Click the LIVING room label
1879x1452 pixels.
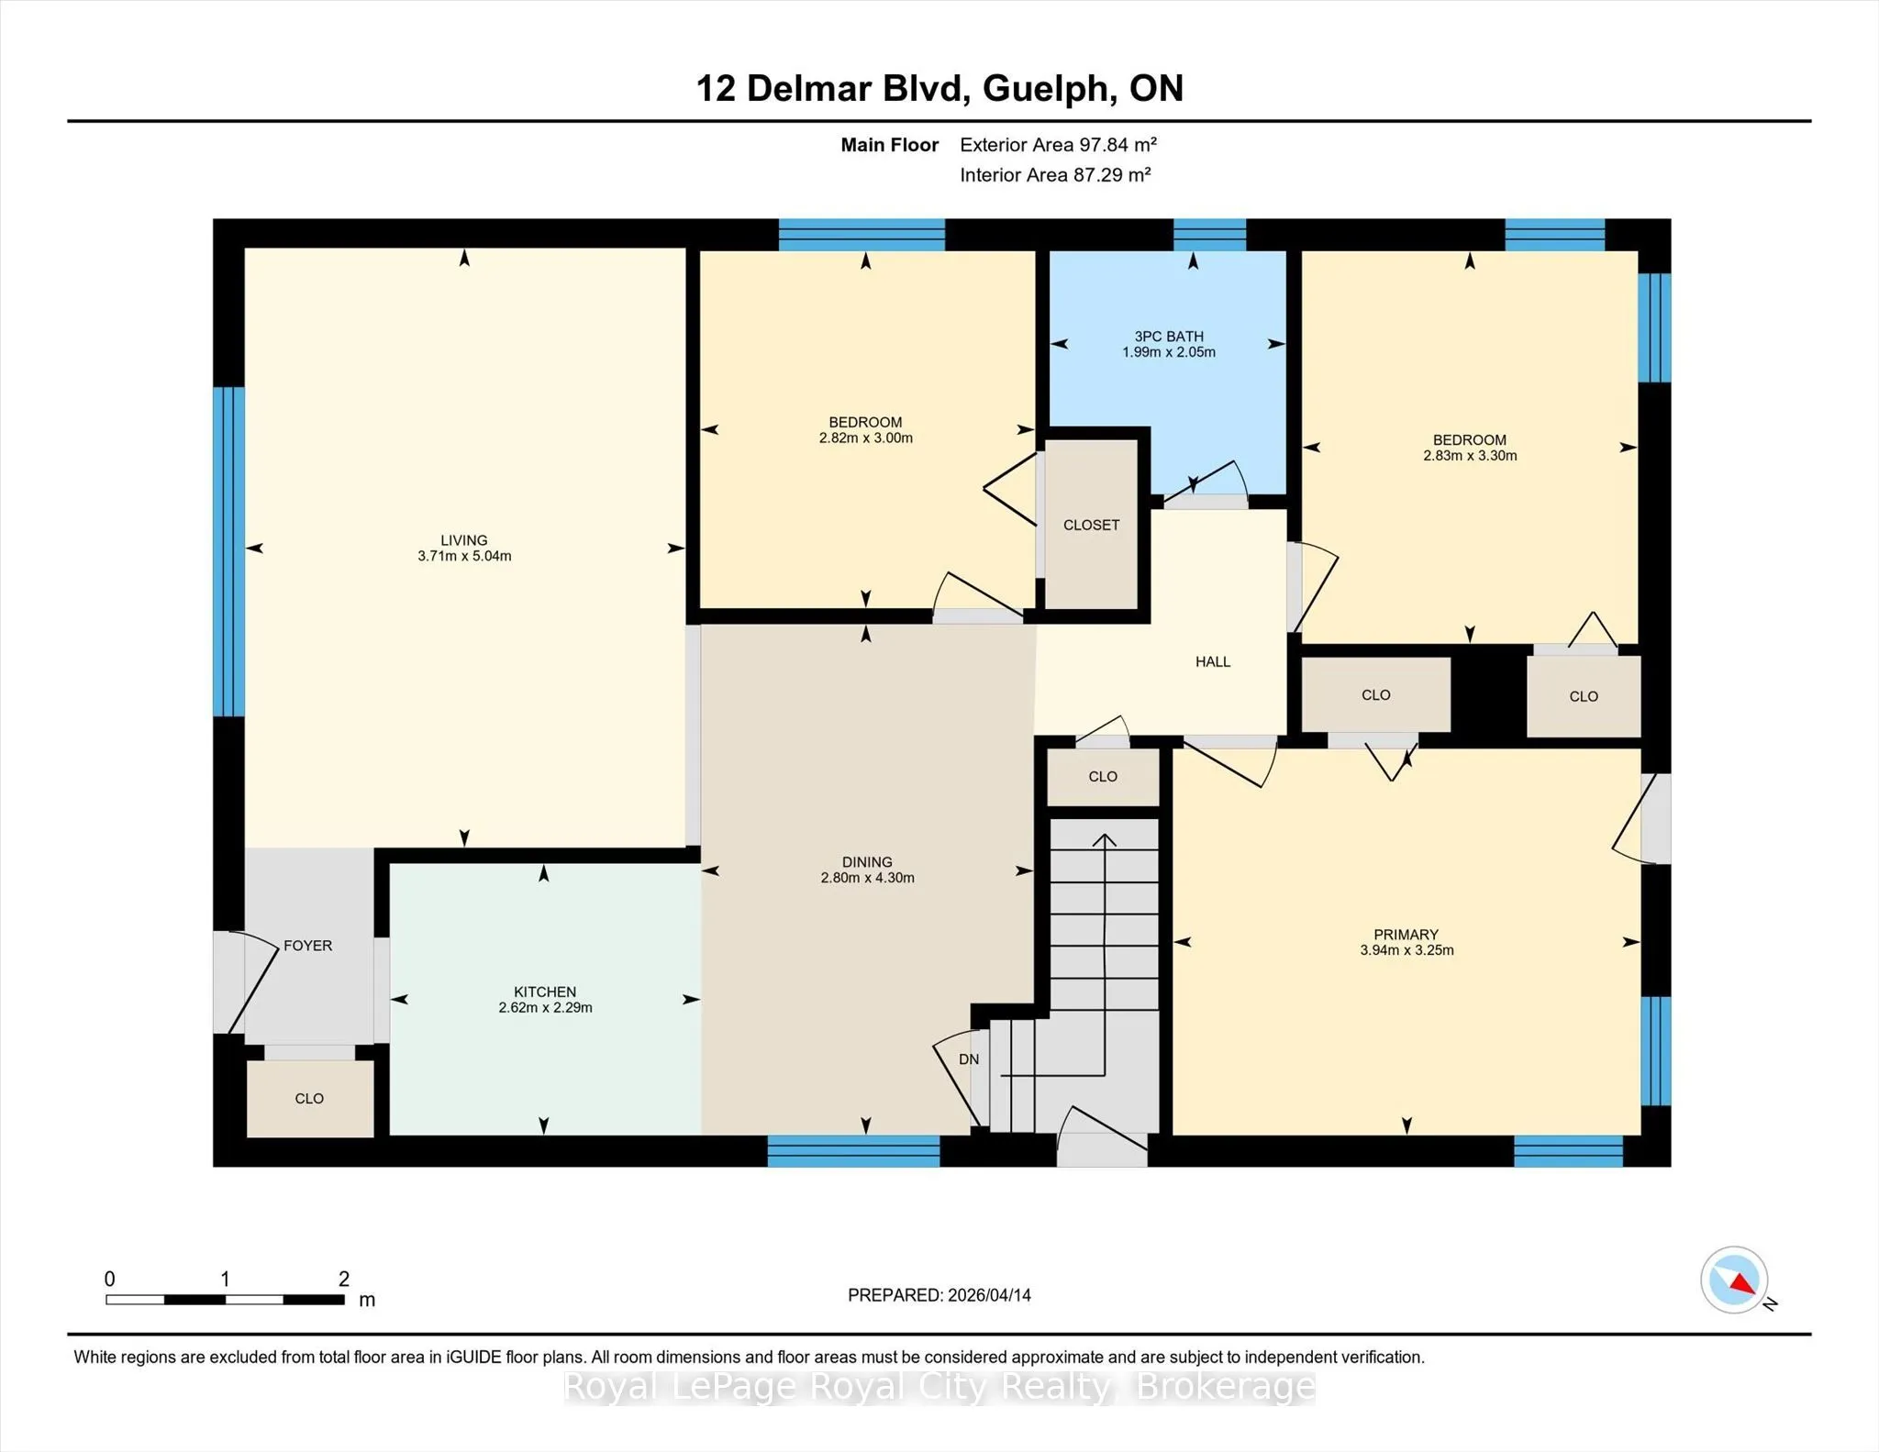point(463,540)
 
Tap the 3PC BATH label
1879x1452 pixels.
point(1169,337)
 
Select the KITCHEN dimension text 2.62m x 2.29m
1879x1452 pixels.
point(545,1007)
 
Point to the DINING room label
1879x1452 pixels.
point(867,862)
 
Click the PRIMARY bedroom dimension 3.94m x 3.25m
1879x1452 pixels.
point(1406,950)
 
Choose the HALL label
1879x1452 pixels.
point(1213,661)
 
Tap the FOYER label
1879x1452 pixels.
point(307,946)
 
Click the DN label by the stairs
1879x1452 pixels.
point(969,1059)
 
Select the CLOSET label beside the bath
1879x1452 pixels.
point(1091,525)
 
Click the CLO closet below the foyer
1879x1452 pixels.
point(309,1098)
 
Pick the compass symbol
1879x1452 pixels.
point(1735,1280)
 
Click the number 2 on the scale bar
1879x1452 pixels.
point(344,1279)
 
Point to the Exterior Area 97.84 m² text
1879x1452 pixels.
point(1058,144)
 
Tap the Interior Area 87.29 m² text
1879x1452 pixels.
point(1055,174)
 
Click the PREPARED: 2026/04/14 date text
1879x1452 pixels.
point(939,1295)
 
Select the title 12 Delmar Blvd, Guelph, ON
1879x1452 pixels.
point(939,88)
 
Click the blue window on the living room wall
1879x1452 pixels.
point(228,551)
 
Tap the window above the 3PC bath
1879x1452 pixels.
point(1210,235)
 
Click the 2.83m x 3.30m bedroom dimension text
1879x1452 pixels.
point(1470,456)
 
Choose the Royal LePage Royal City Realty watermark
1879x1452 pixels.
point(939,1387)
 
